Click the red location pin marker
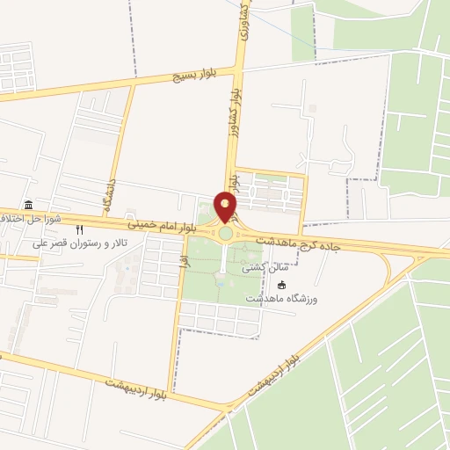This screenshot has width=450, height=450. (x=226, y=207)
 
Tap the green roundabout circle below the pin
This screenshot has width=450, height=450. (x=226, y=234)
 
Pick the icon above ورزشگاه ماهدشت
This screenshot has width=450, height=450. (x=282, y=285)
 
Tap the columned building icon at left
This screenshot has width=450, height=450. (x=29, y=205)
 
